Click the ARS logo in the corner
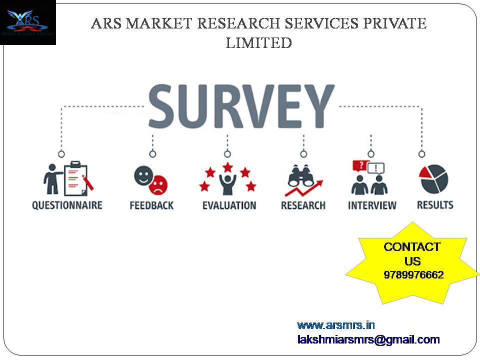click(28, 22)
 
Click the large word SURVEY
click(241, 106)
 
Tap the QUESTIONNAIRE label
click(67, 205)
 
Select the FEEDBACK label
click(151, 205)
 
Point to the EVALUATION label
click(229, 205)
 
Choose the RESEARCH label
click(303, 205)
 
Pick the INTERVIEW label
click(372, 205)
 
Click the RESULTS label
click(435, 205)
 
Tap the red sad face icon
click(158, 185)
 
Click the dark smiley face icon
click(143, 175)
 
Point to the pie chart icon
click(434, 179)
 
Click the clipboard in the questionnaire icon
click(75, 178)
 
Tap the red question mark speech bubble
click(360, 166)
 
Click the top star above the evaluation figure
click(228, 167)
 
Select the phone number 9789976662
click(413, 274)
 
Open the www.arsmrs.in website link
click(336, 325)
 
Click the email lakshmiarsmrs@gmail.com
click(368, 339)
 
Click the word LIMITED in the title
click(258, 42)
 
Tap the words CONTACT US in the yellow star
click(412, 254)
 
